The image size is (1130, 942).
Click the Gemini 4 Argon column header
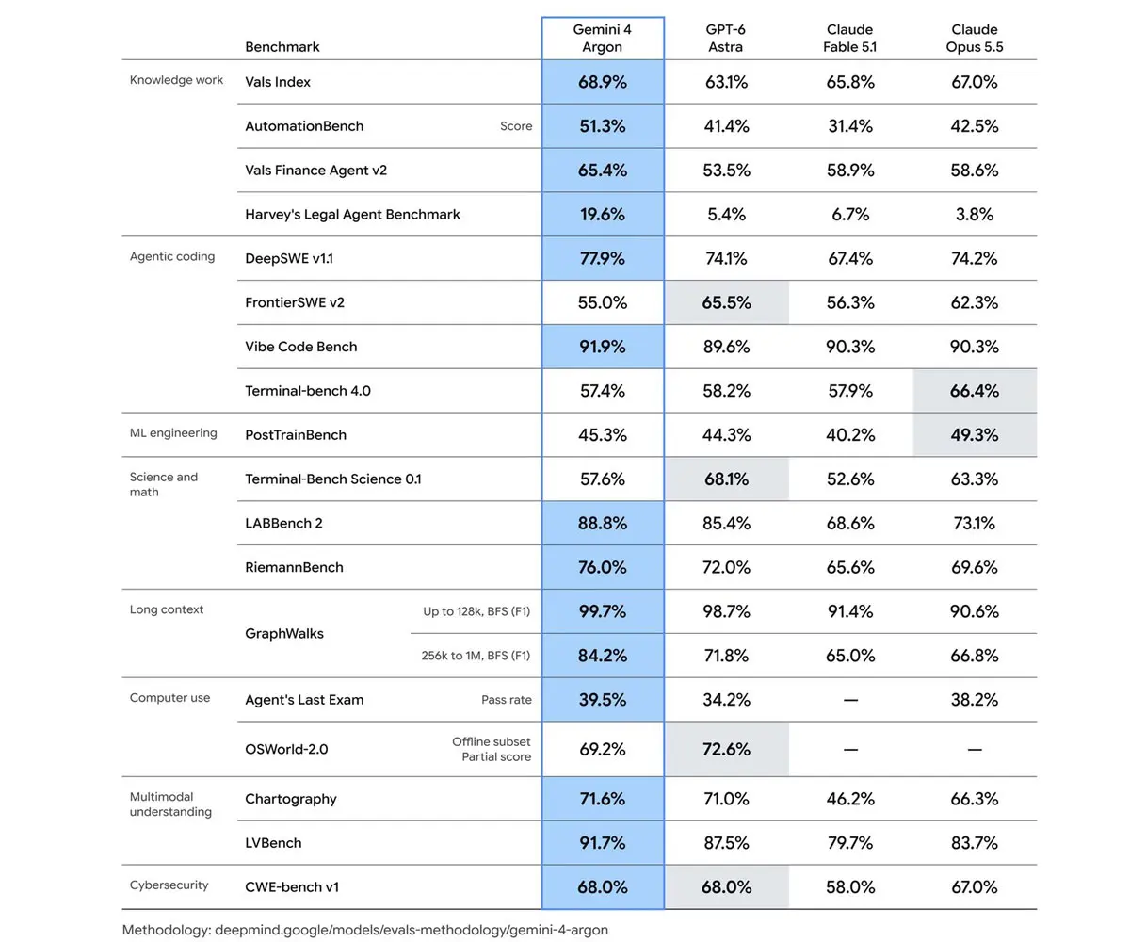click(602, 38)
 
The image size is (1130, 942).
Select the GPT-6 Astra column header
click(725, 38)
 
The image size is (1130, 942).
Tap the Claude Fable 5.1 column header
click(849, 38)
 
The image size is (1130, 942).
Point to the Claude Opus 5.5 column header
click(974, 38)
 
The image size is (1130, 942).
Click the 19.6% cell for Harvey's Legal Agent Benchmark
click(603, 215)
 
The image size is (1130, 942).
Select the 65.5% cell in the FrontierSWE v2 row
click(726, 302)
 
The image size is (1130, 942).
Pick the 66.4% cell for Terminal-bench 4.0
click(974, 391)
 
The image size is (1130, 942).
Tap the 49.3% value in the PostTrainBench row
click(974, 434)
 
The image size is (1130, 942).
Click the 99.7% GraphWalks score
click(603, 611)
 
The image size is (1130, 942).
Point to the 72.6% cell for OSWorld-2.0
click(726, 749)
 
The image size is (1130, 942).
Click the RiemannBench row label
click(294, 567)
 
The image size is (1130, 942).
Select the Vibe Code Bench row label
click(301, 347)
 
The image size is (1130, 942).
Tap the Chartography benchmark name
click(291, 799)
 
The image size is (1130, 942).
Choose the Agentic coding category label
click(172, 256)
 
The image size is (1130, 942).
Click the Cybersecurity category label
click(169, 885)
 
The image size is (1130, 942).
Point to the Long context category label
click(167, 609)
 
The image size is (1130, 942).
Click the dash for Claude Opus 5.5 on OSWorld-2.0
click(974, 750)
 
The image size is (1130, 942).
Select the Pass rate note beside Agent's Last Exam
click(507, 700)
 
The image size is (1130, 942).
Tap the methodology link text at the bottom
click(364, 930)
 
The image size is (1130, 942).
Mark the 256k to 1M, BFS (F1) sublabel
click(476, 656)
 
